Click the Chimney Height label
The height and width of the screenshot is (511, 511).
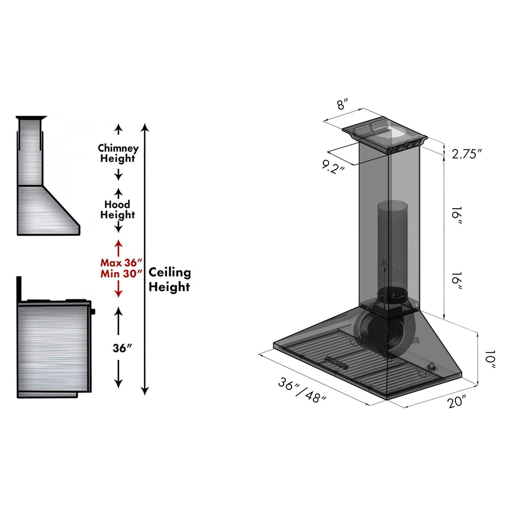click(x=118, y=153)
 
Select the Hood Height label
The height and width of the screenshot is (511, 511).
click(x=117, y=210)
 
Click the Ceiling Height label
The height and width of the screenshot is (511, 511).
click(x=170, y=279)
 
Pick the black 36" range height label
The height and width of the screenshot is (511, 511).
click(x=122, y=349)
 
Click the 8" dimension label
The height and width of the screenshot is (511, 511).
click(x=343, y=104)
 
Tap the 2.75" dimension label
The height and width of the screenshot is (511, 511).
click(x=466, y=154)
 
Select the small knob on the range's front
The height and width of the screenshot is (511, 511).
click(x=93, y=312)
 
